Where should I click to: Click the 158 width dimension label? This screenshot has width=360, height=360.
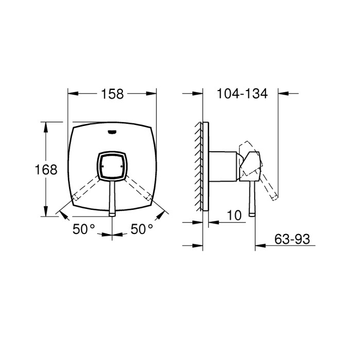click(113, 94)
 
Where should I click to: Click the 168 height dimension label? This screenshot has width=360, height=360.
click(46, 169)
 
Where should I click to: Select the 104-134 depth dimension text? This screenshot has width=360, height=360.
click(242, 94)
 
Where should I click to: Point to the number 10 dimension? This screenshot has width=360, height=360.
click(234, 215)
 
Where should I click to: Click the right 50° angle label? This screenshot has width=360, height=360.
click(142, 229)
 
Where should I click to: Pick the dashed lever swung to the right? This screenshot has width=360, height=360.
click(138, 189)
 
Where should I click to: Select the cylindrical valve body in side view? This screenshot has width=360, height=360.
click(223, 166)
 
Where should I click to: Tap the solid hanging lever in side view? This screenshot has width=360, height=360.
click(252, 201)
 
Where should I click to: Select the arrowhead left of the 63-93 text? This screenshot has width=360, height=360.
click(259, 246)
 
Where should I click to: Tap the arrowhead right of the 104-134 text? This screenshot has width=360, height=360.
click(282, 94)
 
